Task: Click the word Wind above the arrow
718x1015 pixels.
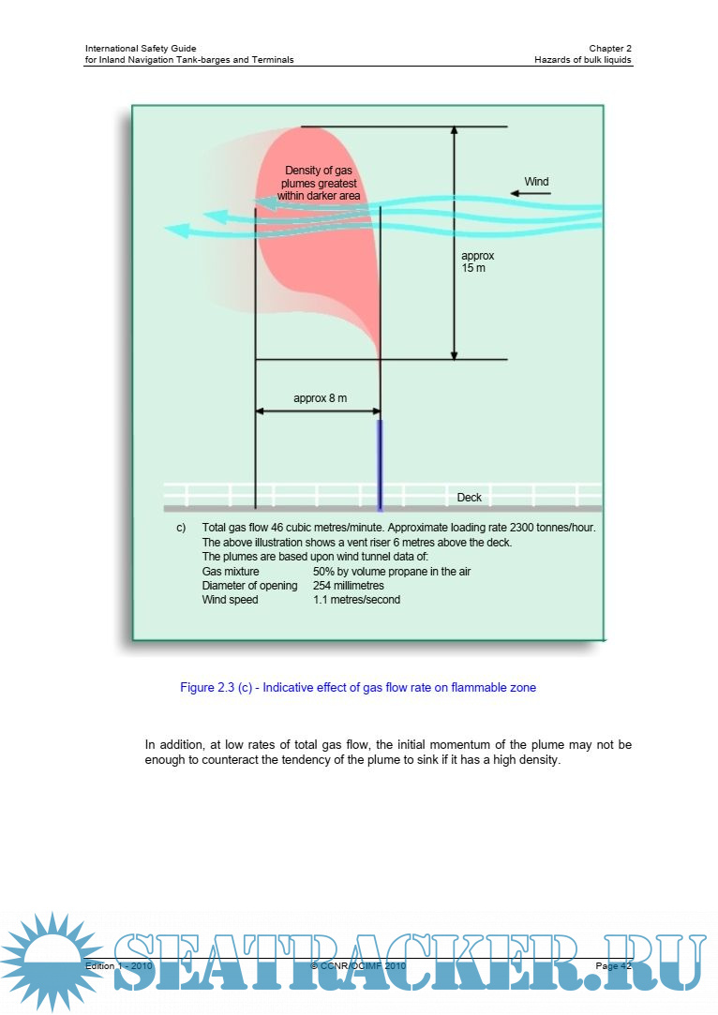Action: click(x=536, y=182)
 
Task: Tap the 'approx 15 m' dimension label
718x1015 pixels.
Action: click(x=477, y=261)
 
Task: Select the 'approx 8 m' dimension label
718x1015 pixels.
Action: click(x=320, y=398)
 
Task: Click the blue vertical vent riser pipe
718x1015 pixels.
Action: click(x=380, y=465)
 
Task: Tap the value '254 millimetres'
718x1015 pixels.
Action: click(x=348, y=586)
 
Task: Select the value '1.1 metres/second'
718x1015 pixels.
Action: click(x=356, y=600)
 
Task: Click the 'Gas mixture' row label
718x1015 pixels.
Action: click(x=231, y=572)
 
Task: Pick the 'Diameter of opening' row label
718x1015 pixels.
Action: click(x=249, y=586)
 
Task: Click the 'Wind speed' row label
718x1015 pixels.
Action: click(x=230, y=600)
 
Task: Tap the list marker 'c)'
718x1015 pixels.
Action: click(x=182, y=529)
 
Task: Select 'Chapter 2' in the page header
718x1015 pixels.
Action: click(x=610, y=48)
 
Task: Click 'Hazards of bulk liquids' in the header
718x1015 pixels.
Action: click(x=583, y=59)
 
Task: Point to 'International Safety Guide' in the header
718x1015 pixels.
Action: click(x=141, y=48)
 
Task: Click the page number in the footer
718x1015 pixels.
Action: click(x=614, y=965)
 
